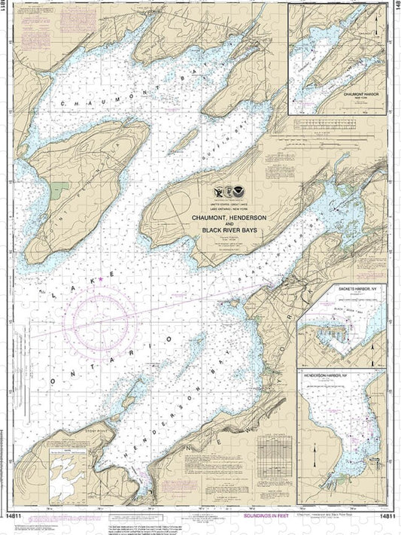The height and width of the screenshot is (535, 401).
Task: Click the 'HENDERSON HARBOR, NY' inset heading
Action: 342,373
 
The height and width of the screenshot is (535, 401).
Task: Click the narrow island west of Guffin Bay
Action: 188,139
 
